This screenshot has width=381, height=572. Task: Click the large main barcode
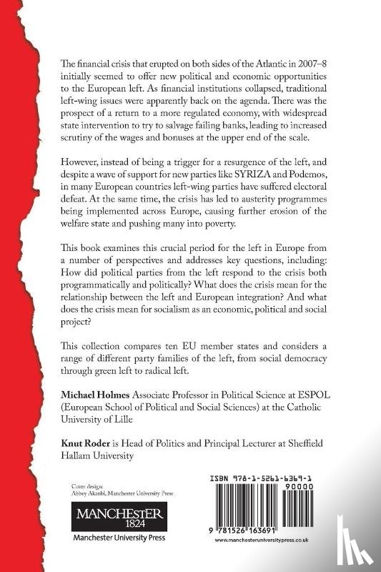coord(253,512)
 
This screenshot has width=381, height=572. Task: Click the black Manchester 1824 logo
coord(108,517)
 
